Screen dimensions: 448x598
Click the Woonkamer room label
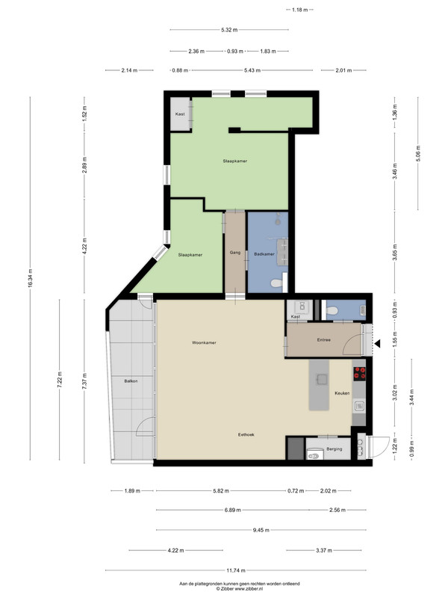[x=204, y=342]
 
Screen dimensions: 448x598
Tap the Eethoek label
[x=246, y=434]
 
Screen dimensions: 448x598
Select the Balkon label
[x=131, y=381]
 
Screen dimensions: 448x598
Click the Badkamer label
[x=264, y=254]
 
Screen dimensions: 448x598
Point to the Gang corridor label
[x=235, y=253]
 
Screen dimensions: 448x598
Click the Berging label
[x=334, y=449]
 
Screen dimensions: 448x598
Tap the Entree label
[x=324, y=340]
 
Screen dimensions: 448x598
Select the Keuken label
[x=342, y=393]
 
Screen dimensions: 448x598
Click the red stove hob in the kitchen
[x=359, y=374]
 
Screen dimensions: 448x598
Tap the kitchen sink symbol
[x=359, y=406]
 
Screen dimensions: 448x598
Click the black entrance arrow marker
[x=377, y=344]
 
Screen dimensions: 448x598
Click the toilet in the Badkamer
[x=277, y=283]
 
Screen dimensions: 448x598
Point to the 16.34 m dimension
[x=30, y=278]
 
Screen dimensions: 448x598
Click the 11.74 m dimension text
[x=236, y=570]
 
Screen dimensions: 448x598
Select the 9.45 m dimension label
[x=261, y=530]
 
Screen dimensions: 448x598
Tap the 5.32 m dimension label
[x=229, y=30]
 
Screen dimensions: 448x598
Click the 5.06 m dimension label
[x=418, y=154]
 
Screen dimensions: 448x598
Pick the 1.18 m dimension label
[x=300, y=10]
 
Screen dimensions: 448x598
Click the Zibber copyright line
[x=240, y=589]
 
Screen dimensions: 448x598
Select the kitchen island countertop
[x=319, y=385]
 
